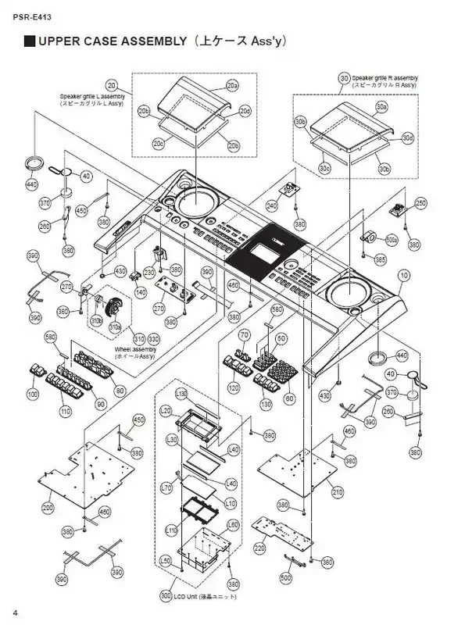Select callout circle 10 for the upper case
404,275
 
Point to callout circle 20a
232,84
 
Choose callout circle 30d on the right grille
407,138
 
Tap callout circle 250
420,203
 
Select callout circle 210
338,493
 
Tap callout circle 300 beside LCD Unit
165,596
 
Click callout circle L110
173,531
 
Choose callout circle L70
166,488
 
